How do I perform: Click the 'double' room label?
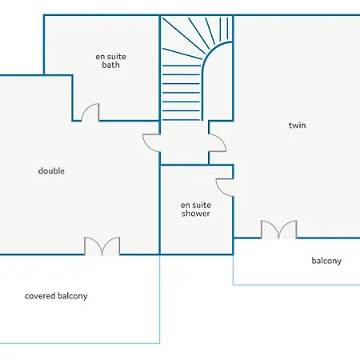51,170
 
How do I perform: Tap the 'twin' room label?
297,125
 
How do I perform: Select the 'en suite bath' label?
110,61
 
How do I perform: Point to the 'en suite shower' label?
196,209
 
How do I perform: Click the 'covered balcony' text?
56,296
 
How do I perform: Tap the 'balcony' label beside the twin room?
326,261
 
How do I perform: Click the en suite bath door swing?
90,113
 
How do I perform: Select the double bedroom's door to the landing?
151,143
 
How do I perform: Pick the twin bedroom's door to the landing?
217,143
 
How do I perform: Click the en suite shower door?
225,187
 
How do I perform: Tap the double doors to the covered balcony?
102,246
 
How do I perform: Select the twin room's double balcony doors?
278,230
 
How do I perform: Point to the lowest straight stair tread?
181,119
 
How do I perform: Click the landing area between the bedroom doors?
184,143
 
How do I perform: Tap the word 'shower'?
196,214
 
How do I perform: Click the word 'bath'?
110,65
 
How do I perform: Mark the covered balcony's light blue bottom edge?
80,343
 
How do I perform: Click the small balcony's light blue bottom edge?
297,285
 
